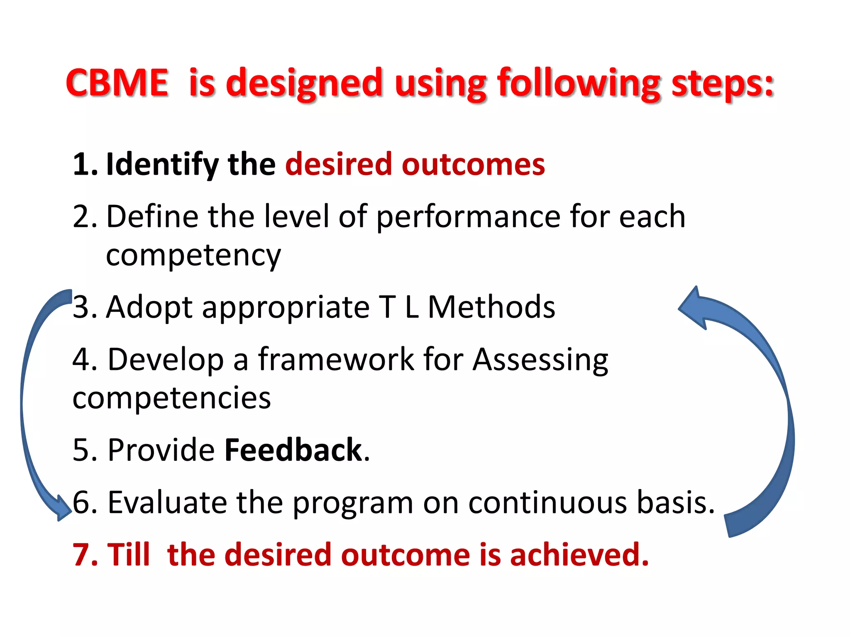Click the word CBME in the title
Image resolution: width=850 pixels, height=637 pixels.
point(117,83)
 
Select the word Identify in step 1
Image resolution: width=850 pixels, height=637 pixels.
point(162,165)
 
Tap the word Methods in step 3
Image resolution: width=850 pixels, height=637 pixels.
point(491,307)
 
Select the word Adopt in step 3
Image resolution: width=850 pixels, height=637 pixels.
point(149,307)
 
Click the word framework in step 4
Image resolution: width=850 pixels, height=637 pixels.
point(336,359)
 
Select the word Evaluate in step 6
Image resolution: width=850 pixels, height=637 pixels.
point(167,502)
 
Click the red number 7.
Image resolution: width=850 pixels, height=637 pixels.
point(84,554)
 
